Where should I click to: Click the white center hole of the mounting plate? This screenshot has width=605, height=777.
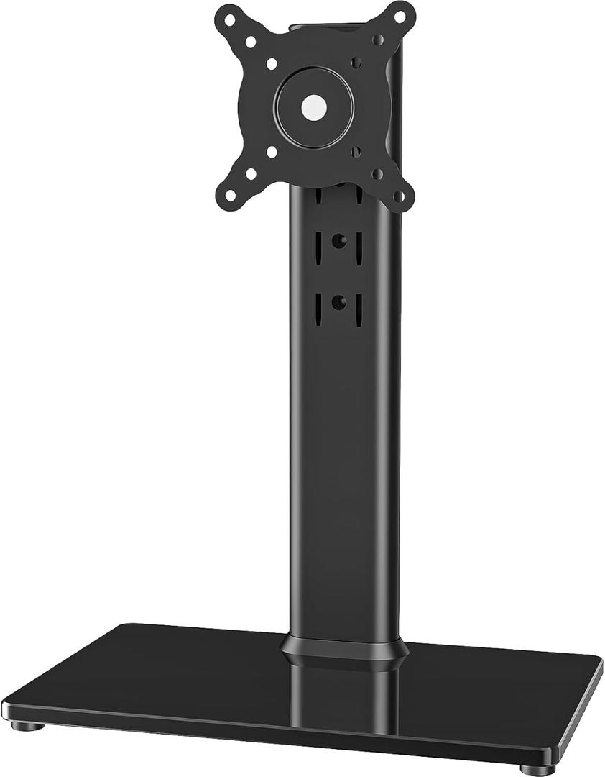pyautogui.click(x=314, y=108)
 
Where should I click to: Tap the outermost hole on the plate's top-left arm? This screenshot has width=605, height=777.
pyautogui.click(x=229, y=20)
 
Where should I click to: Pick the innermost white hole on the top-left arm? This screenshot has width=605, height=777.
pyautogui.click(x=272, y=64)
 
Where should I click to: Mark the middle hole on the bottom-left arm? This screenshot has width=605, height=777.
pyautogui.click(x=251, y=173)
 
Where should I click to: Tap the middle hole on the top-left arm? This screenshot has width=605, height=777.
pyautogui.click(x=251, y=42)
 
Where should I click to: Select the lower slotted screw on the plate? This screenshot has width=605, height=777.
pyautogui.click(x=356, y=152)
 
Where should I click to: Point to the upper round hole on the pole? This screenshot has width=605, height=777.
pyautogui.click(x=337, y=242)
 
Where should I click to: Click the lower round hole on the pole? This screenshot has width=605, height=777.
pyautogui.click(x=337, y=302)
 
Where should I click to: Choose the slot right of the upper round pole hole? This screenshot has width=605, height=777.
pyautogui.click(x=359, y=244)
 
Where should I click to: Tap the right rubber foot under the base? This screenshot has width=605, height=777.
pyautogui.click(x=537, y=769)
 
